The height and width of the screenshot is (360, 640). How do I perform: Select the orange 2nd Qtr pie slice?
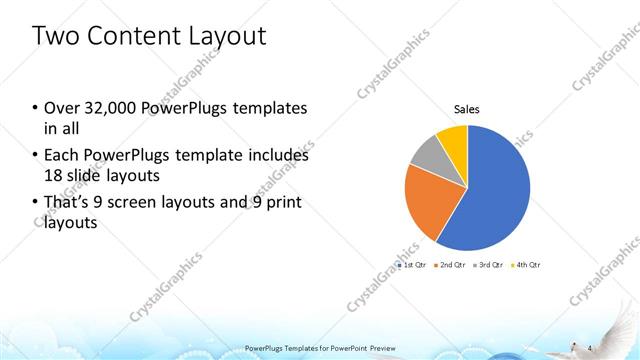[425, 200]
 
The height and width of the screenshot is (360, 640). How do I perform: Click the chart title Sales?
[467, 108]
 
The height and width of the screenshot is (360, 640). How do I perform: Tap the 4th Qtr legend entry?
[527, 265]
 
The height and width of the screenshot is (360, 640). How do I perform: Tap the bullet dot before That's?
[36, 204]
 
